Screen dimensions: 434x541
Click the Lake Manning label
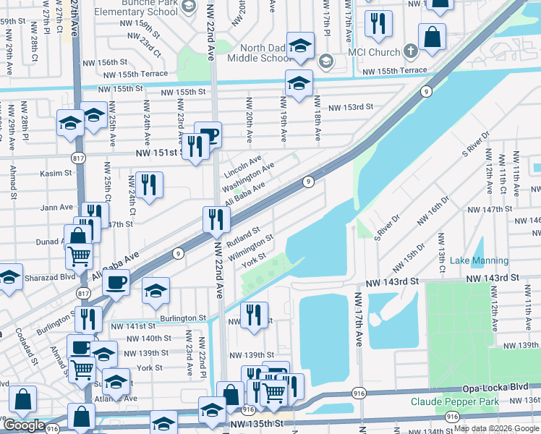coord(479,260)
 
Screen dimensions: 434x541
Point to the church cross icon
coord(410,51)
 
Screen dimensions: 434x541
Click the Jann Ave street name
coord(57,208)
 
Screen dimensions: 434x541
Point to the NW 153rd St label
coord(350,107)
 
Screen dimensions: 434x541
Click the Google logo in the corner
coord(23,425)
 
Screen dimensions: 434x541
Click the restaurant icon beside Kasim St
coord(148,184)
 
